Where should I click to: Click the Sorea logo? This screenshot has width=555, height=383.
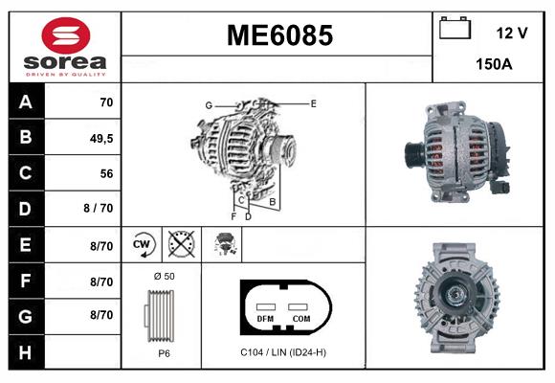tap(61, 47)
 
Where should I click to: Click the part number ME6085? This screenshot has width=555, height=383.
tap(279, 35)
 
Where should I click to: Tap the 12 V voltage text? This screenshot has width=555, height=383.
tap(511, 33)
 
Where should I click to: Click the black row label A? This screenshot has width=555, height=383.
tap(25, 101)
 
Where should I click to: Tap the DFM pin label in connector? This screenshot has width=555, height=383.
tap(265, 317)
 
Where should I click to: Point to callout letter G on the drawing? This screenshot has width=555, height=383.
tap(208, 104)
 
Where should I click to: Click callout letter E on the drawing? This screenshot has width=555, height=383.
tap(313, 102)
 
